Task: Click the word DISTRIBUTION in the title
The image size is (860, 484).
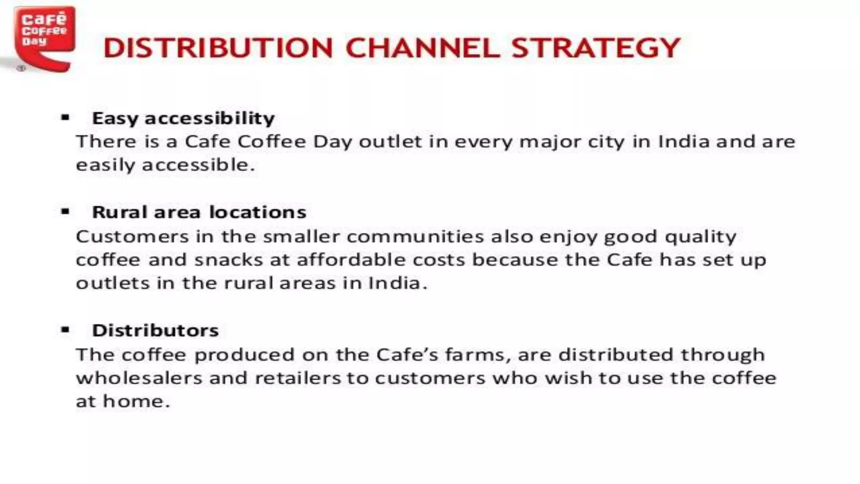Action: point(218,48)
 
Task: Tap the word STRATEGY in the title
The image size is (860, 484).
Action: point(596,48)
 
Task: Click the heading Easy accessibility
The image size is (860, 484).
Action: point(183,118)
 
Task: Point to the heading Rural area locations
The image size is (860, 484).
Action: point(199,212)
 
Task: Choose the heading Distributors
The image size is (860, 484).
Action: point(155,331)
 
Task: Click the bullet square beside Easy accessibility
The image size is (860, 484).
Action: point(65,118)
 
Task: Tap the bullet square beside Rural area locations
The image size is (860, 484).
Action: point(65,211)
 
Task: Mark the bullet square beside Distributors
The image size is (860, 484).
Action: point(65,330)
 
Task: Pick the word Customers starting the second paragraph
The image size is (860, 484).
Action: point(132,237)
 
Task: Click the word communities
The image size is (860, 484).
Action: point(415,237)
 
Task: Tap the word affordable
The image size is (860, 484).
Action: point(351,260)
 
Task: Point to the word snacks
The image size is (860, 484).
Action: point(228,260)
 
